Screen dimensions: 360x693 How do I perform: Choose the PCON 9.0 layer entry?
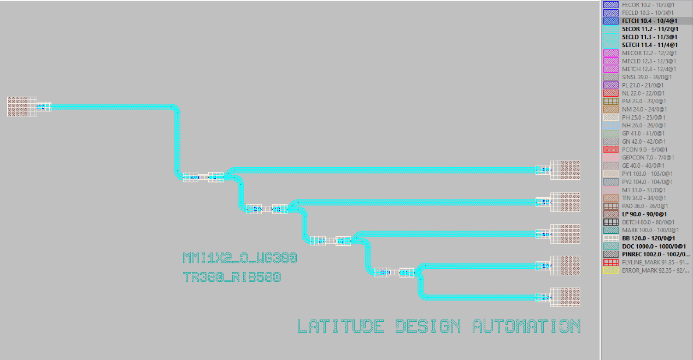tap(642, 149)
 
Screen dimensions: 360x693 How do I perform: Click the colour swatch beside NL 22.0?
tap(610, 93)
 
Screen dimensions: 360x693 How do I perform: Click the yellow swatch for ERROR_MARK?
tap(610, 270)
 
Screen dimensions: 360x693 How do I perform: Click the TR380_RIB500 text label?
tap(232, 277)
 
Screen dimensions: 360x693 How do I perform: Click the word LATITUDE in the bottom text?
tap(340, 326)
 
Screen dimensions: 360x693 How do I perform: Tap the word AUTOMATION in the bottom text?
tap(526, 326)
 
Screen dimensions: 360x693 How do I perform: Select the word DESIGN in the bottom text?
tap(428, 326)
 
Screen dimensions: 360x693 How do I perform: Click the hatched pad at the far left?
tap(22, 107)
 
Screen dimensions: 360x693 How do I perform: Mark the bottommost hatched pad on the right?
tap(565, 297)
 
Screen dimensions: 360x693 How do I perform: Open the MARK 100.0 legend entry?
tap(642, 230)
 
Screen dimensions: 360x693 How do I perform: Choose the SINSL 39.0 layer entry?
tap(642, 77)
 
